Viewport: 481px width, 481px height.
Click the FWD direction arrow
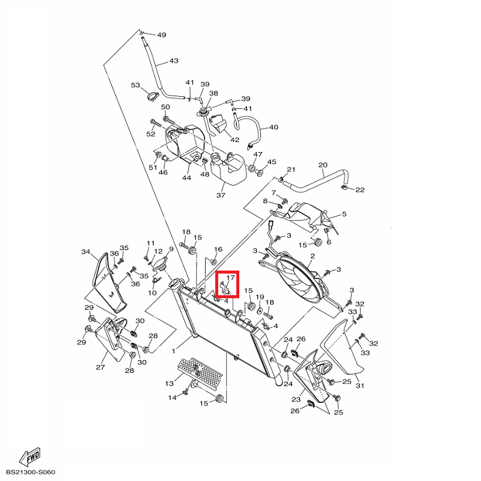[29, 457]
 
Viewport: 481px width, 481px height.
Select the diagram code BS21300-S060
[31, 472]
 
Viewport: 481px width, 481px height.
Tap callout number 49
[162, 35]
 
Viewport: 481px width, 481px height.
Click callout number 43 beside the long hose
[174, 61]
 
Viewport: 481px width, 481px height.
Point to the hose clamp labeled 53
[153, 96]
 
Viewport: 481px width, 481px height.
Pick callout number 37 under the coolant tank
[221, 195]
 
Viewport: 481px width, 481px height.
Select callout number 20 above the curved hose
[323, 165]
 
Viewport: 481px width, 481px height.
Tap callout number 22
[360, 190]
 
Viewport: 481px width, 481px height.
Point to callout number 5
[344, 214]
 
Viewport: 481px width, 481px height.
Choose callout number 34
[86, 252]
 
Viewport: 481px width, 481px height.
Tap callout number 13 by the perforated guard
[170, 383]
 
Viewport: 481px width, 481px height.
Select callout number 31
[360, 385]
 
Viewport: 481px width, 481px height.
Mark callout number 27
[100, 367]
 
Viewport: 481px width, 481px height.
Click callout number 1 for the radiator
[174, 351]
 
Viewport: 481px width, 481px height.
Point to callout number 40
[274, 127]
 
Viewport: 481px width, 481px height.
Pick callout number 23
[296, 399]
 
